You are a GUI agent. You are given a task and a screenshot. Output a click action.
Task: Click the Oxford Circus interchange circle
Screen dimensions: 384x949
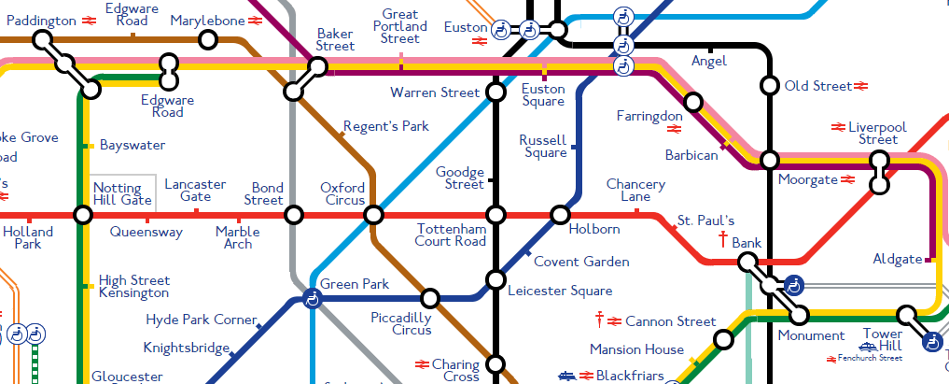click(373, 215)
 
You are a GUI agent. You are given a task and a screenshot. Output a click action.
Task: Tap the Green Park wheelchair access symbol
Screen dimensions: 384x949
click(311, 300)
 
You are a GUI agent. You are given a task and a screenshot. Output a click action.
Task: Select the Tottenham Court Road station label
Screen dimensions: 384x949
click(452, 235)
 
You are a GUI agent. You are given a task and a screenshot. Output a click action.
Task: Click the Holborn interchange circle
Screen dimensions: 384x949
click(560, 215)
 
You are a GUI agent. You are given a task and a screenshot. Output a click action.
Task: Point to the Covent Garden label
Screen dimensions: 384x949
click(580, 262)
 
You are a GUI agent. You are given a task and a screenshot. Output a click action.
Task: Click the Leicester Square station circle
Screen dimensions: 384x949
click(495, 279)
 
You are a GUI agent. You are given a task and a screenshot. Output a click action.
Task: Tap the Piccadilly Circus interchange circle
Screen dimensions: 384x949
click(430, 299)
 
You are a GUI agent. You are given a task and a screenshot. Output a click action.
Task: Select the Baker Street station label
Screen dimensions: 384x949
click(335, 39)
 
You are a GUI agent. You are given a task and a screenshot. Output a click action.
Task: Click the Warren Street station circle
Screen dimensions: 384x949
click(495, 92)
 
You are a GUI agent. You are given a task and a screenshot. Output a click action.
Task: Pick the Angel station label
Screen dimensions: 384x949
click(708, 62)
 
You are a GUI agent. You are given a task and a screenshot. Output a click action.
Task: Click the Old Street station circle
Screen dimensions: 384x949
click(769, 86)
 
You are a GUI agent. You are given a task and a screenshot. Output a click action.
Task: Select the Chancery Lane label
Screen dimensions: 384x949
click(635, 191)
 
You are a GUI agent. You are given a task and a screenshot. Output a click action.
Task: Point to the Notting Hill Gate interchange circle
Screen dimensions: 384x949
click(83, 215)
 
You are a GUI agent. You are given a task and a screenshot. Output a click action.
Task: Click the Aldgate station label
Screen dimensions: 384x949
click(897, 259)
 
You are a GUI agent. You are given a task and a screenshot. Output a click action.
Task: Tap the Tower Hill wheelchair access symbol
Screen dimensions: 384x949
click(930, 343)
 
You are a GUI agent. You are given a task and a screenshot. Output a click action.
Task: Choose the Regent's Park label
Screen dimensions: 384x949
click(385, 126)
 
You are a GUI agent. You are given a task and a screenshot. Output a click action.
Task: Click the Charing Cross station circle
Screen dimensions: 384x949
click(495, 363)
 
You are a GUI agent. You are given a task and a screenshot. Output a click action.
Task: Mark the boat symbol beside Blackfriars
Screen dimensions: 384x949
click(565, 377)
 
